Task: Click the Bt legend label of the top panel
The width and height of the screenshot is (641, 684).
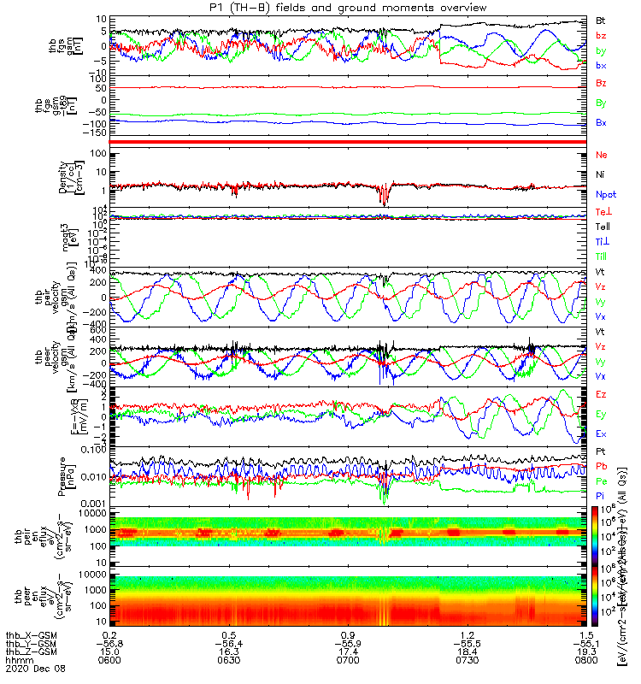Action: coord(601,20)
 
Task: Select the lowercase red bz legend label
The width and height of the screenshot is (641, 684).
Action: coord(601,35)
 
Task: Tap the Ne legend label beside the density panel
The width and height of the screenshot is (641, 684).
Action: coord(602,155)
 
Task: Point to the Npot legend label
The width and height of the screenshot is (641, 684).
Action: coord(604,195)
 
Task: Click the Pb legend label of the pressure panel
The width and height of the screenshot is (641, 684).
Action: coord(602,466)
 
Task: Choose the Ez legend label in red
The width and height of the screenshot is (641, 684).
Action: coord(602,394)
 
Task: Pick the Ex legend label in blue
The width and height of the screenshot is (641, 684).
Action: coord(602,433)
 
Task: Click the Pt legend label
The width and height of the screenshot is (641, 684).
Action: coord(602,450)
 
